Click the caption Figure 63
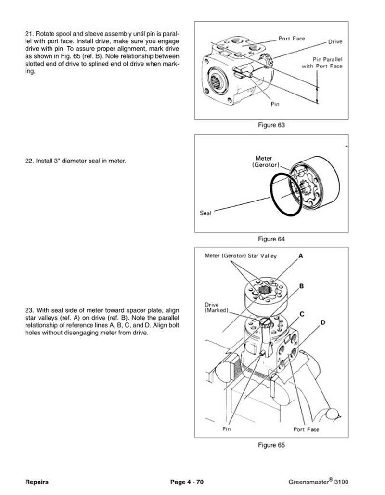point(272,125)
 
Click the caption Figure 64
point(272,239)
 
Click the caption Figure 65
point(272,445)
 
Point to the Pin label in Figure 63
point(275,103)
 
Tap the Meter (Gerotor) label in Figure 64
point(263,161)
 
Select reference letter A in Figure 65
point(301,256)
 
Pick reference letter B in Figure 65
point(301,286)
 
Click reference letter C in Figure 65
point(302,314)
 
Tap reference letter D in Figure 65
point(323,321)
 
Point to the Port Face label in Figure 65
point(306,428)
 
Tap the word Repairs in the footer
point(37,482)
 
